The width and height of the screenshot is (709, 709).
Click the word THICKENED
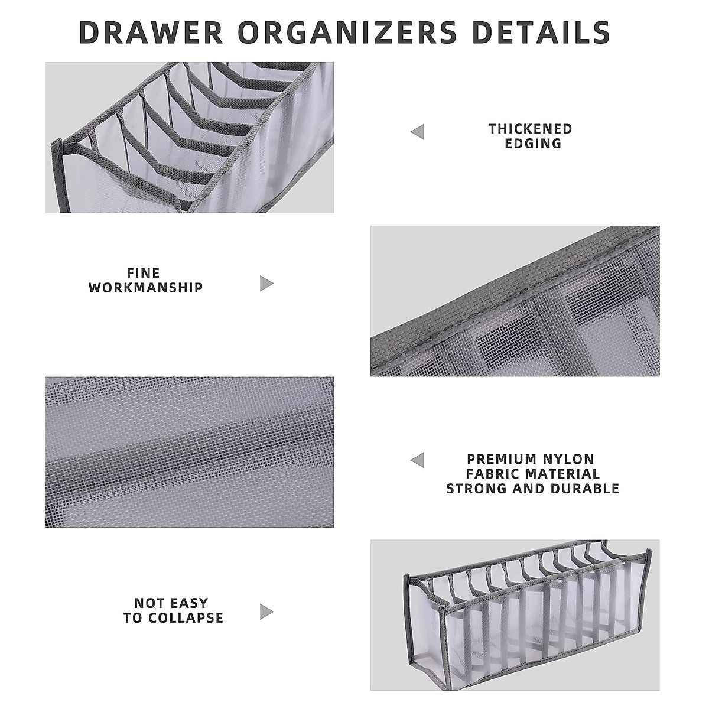(531, 129)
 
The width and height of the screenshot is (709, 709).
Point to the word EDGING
(533, 144)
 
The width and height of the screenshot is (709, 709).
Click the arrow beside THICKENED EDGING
(418, 132)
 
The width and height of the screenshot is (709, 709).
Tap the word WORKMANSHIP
(146, 288)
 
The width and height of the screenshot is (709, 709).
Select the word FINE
(144, 273)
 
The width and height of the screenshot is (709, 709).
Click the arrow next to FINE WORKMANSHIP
(266, 284)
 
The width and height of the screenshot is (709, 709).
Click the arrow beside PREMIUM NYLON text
(418, 460)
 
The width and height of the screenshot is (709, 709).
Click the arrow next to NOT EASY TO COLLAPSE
(266, 612)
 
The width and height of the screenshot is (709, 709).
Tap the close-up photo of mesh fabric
(189, 452)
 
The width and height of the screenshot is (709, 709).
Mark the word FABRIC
(493, 474)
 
